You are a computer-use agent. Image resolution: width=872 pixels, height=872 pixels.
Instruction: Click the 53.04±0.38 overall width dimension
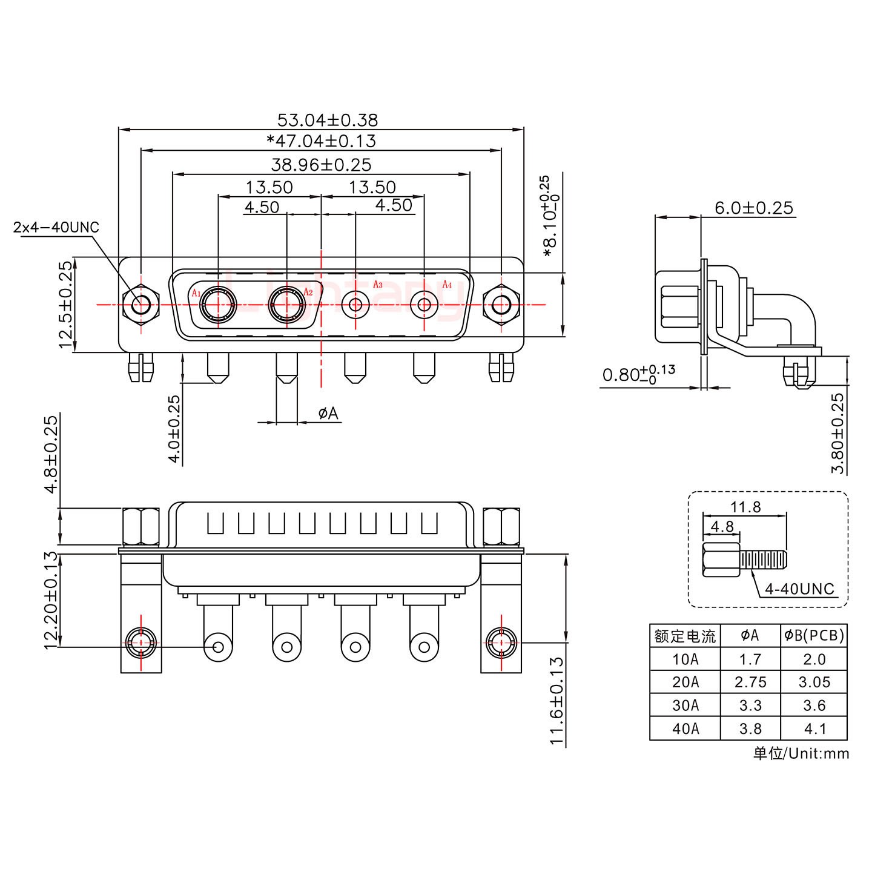327,119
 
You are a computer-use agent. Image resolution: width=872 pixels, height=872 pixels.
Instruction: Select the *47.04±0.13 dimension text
322,142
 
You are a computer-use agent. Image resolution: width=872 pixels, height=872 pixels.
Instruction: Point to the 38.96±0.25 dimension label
321,164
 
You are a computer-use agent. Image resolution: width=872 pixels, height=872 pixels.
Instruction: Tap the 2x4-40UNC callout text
56,228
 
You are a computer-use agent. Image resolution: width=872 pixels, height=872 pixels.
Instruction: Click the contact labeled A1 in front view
217,305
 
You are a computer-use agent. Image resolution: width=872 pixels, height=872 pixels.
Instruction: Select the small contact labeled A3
355,305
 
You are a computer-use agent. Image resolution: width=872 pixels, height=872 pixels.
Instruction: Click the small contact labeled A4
424,305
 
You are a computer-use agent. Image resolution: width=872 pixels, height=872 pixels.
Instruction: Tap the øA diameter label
328,414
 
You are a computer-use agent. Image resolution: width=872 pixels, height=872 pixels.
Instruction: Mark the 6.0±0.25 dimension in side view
753,208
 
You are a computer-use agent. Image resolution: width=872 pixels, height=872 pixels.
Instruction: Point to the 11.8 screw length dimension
746,507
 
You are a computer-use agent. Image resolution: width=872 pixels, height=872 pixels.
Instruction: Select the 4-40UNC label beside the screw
799,589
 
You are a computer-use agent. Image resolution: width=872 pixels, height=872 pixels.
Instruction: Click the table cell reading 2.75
750,682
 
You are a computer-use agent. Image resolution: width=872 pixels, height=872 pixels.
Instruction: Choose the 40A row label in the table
685,728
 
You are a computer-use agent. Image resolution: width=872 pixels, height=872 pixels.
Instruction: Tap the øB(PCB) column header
814,635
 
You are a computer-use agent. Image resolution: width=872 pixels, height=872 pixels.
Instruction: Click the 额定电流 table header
685,636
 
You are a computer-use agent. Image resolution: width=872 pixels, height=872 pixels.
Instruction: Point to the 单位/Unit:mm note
801,753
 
